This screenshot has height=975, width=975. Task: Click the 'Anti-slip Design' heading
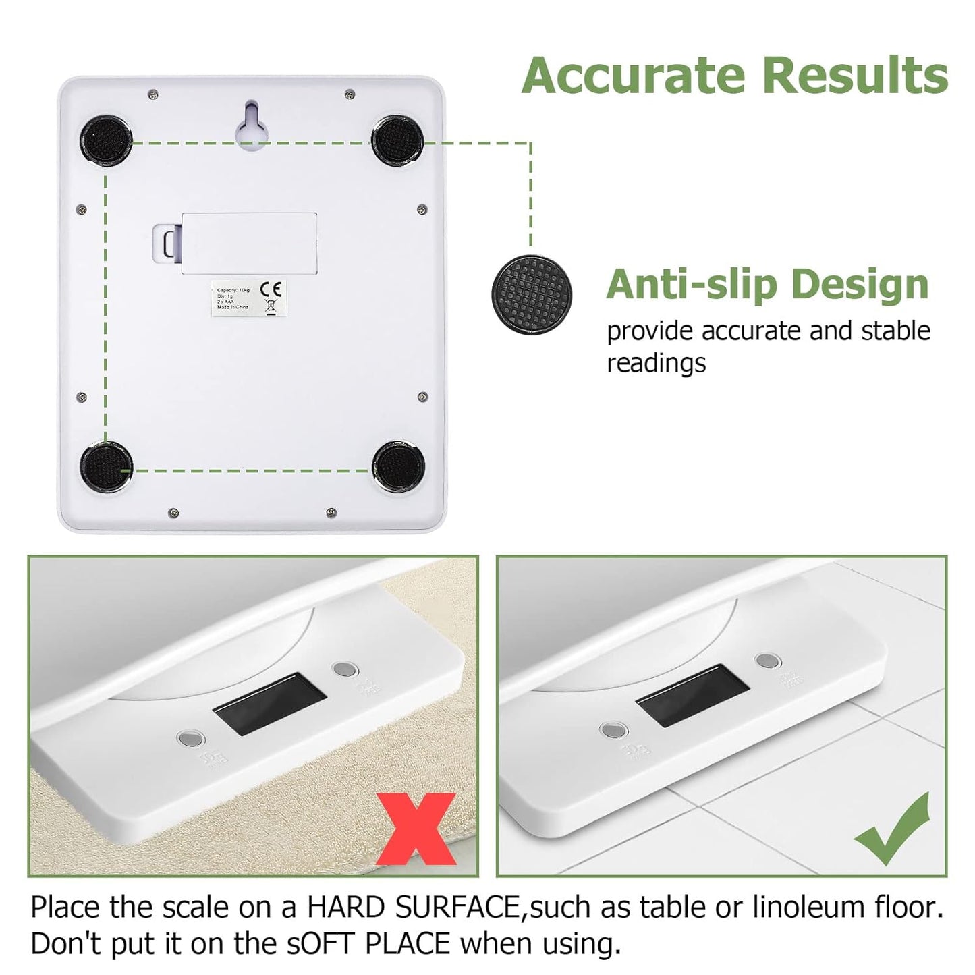[767, 284]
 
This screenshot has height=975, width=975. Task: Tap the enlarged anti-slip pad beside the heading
[532, 295]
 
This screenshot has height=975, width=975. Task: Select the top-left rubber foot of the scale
[107, 140]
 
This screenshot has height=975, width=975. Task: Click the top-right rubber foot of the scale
[397, 139]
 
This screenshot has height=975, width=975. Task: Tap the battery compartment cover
[250, 243]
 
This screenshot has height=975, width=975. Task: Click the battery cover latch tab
[167, 242]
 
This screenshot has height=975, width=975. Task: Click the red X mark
[416, 829]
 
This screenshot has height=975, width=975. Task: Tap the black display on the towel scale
[269, 704]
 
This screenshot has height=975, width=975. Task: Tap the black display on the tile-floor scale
[692, 695]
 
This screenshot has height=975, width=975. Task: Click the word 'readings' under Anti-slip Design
[656, 363]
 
